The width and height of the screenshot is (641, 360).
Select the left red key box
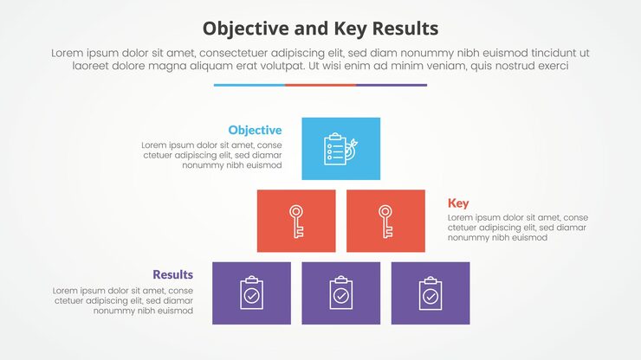click(x=296, y=221)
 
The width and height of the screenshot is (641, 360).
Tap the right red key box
click(x=385, y=221)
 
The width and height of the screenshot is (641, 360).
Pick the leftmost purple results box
click(x=251, y=292)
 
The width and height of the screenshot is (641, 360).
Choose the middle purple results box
click(x=340, y=292)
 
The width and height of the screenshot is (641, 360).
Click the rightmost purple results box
click(x=431, y=292)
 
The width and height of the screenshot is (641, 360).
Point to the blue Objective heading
click(x=255, y=130)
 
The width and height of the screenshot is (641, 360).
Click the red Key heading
click(x=458, y=203)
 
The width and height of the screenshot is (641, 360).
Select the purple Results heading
click(x=173, y=275)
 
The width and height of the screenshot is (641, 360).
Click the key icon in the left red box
click(x=296, y=221)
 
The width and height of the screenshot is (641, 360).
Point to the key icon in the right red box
click(x=385, y=221)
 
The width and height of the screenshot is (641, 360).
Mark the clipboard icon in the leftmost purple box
click(x=251, y=293)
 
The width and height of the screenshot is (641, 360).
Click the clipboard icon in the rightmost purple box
click(x=431, y=293)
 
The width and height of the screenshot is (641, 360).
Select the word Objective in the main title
click(x=244, y=28)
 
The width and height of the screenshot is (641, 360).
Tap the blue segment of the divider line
click(x=249, y=85)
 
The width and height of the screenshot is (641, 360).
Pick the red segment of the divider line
click(x=320, y=85)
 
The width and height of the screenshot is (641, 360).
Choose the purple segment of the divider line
click(x=392, y=85)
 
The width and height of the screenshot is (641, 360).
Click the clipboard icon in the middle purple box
click(x=340, y=293)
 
